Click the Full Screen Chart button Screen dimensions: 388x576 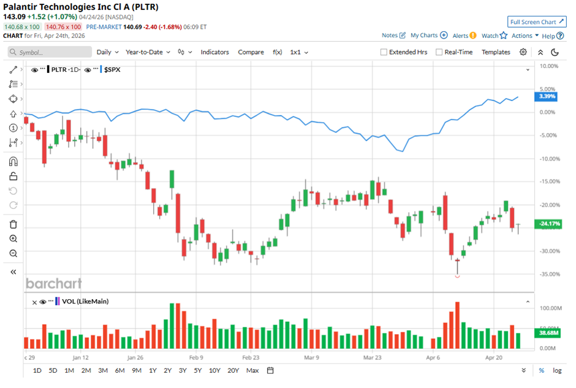(536, 22)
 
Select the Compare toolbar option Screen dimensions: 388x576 (251, 52)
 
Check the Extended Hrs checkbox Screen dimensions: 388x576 (384, 52)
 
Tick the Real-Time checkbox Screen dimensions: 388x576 (439, 52)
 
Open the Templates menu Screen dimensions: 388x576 (496, 52)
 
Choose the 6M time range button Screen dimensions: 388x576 (119, 370)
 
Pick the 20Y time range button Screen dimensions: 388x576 (233, 370)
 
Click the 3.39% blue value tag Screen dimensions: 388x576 (546, 96)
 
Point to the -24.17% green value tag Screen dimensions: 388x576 (547, 224)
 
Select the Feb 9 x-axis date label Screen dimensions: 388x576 (196, 356)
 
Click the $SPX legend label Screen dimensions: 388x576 (112, 70)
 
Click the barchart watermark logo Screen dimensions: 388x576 (53, 283)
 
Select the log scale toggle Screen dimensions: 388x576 (556, 370)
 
